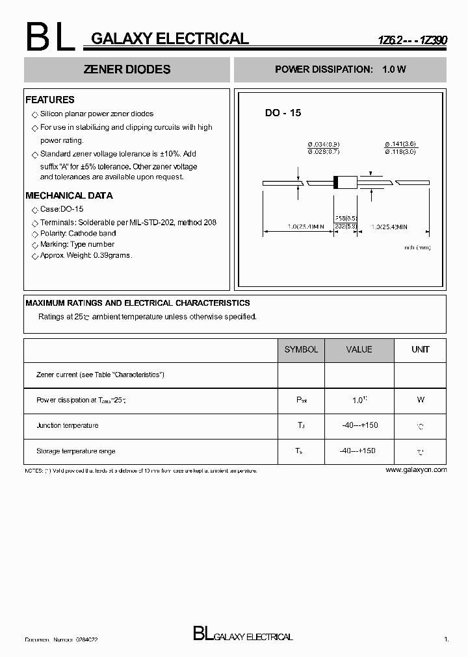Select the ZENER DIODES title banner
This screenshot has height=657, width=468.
pos(127,69)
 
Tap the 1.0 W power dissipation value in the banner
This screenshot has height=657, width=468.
pos(394,69)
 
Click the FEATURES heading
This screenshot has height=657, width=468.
pos(50,100)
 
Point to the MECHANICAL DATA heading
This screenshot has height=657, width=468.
pos(69,195)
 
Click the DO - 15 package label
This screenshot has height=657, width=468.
pos(283,113)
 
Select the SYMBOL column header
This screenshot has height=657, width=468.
pos(301,349)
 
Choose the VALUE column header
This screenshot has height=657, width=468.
pos(359,349)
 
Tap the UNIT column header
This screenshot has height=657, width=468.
pos(421,349)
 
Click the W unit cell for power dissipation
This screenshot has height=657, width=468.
pos(421,400)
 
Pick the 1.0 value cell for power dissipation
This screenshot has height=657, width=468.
pos(359,400)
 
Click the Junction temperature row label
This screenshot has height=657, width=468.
pos(68,425)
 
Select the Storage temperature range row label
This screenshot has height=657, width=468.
pos(76,451)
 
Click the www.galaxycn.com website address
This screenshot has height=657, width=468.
pos(416,469)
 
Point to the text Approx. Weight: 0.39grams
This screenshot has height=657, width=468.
pos(86,256)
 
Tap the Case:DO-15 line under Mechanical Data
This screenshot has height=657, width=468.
pos(62,209)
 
